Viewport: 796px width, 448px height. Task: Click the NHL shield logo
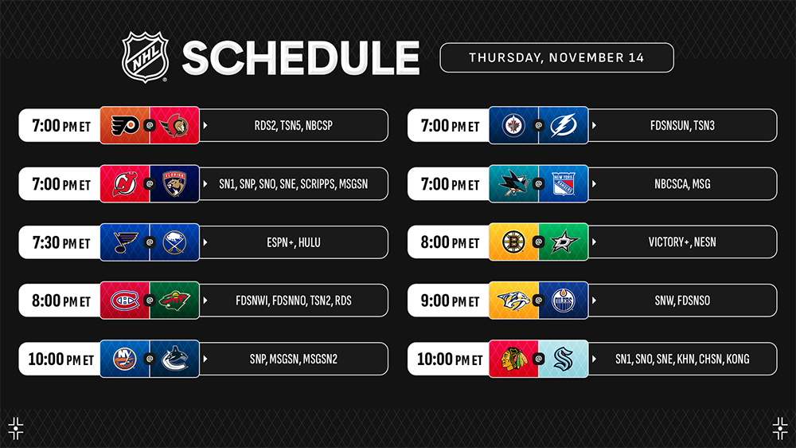point(145,57)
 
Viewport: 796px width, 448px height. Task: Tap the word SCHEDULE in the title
point(301,58)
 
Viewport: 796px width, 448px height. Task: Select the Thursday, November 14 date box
point(556,57)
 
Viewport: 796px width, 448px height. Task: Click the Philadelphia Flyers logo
point(125,125)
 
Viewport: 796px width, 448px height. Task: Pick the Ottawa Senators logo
point(174,126)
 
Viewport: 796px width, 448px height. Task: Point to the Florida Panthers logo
point(174,184)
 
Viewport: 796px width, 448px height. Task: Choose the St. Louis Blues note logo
point(125,242)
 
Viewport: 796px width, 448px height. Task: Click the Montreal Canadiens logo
point(125,301)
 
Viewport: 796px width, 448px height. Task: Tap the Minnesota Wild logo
point(174,301)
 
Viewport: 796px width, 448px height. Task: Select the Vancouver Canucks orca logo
point(174,359)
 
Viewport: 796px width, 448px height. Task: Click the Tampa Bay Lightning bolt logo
point(564,126)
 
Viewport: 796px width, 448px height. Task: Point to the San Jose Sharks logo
point(513,183)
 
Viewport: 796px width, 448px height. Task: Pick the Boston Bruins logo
point(513,242)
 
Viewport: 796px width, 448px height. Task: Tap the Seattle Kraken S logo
point(564,359)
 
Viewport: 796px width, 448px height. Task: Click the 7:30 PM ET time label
point(61,242)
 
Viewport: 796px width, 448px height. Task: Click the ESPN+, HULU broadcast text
point(294,242)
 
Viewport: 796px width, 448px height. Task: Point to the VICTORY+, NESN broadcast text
point(682,242)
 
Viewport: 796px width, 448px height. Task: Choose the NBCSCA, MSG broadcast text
point(682,184)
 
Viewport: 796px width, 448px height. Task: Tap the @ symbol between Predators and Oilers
point(539,301)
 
